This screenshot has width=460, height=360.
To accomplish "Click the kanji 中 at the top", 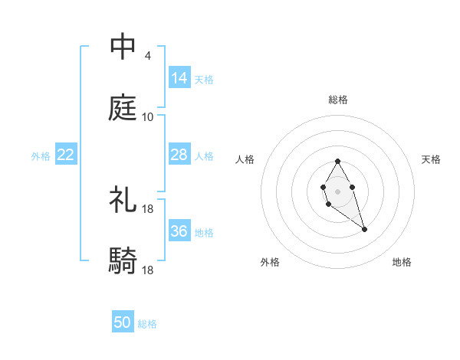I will [x=123, y=47].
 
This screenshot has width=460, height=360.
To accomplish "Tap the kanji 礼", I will [x=123, y=200].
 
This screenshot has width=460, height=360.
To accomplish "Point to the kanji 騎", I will [x=123, y=261].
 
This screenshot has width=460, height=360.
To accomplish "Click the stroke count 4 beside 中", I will [x=147, y=55].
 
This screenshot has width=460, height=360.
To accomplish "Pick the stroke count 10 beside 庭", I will [x=147, y=116].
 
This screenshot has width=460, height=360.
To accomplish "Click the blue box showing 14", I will [x=179, y=77].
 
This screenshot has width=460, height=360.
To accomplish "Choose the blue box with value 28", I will [x=179, y=155].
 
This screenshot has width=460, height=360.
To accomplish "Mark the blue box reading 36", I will [x=179, y=231].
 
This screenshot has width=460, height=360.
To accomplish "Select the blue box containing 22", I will [x=66, y=155].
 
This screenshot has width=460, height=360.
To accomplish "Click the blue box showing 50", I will [x=123, y=322].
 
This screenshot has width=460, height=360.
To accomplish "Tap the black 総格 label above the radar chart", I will [x=338, y=100].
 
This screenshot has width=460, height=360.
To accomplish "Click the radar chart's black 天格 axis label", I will [x=431, y=159].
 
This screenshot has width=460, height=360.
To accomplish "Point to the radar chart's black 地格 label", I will [x=402, y=262].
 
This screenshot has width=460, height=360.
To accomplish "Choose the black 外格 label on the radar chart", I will [x=270, y=262].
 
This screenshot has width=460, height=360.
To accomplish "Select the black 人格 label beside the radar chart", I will [x=245, y=159].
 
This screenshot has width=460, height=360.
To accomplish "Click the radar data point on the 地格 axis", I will [x=364, y=229].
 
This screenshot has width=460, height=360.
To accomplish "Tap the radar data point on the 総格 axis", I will [x=337, y=161].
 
